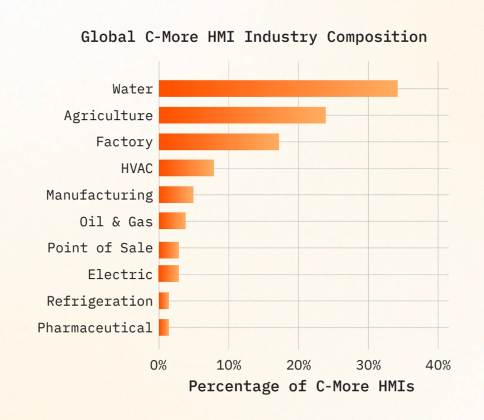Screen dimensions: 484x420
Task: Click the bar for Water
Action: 278,89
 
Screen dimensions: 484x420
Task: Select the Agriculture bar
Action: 243,115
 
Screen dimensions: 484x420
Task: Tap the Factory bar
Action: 219,142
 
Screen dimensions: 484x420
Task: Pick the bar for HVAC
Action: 186,168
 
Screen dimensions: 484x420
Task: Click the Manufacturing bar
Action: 176,195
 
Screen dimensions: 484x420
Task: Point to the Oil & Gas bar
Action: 172,221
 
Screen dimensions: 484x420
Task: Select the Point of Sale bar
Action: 169,250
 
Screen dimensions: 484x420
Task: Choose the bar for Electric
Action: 169,274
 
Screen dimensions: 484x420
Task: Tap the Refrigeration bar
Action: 164,301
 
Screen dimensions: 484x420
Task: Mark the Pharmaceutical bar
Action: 164,327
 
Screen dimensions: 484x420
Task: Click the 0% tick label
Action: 159,365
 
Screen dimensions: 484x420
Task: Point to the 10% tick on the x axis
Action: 229,365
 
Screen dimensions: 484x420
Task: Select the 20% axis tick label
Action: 299,365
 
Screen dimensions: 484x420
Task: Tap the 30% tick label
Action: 368,365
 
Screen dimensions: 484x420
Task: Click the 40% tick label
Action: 438,365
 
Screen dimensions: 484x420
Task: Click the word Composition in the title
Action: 377,37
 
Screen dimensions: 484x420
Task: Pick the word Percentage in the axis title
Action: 234,387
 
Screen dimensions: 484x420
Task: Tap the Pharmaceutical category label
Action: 95,328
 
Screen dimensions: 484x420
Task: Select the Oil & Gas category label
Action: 116,222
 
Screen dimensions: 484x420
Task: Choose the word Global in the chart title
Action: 108,37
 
